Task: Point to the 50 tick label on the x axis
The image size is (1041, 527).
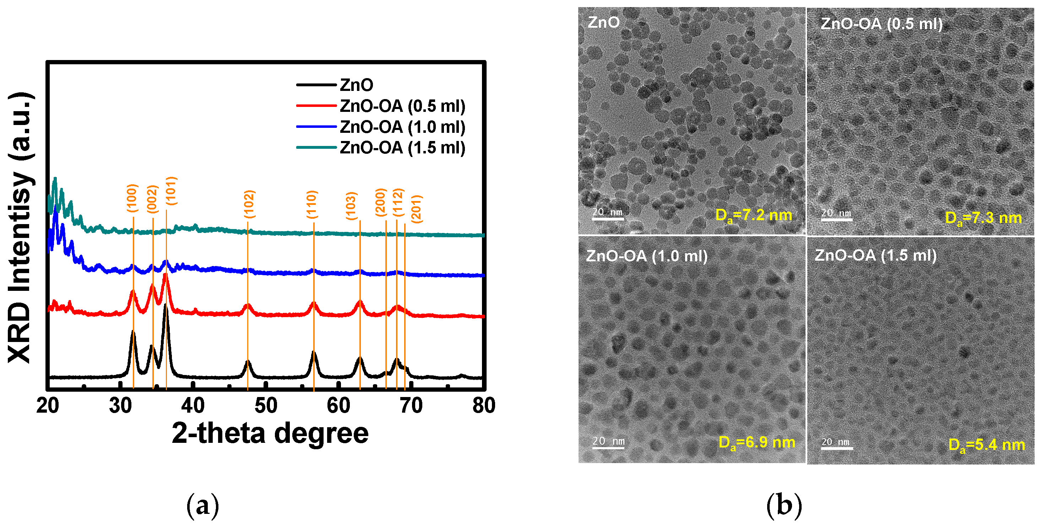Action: (266, 405)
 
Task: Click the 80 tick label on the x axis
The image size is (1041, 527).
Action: (484, 405)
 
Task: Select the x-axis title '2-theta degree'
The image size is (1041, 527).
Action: (270, 433)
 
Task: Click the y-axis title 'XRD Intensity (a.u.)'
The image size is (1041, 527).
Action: (20, 227)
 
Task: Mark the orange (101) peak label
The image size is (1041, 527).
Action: (171, 191)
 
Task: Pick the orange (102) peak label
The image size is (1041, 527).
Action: (249, 204)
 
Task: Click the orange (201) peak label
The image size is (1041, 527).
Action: (416, 208)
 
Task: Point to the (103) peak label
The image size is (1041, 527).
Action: (351, 206)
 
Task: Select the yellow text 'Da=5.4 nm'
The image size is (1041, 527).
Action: (986, 445)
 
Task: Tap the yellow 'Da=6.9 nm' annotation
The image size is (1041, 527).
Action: (757, 442)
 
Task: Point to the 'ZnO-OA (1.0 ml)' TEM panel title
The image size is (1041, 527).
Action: (646, 256)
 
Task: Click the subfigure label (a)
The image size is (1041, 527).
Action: (202, 506)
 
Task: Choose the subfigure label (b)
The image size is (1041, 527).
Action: (784, 506)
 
